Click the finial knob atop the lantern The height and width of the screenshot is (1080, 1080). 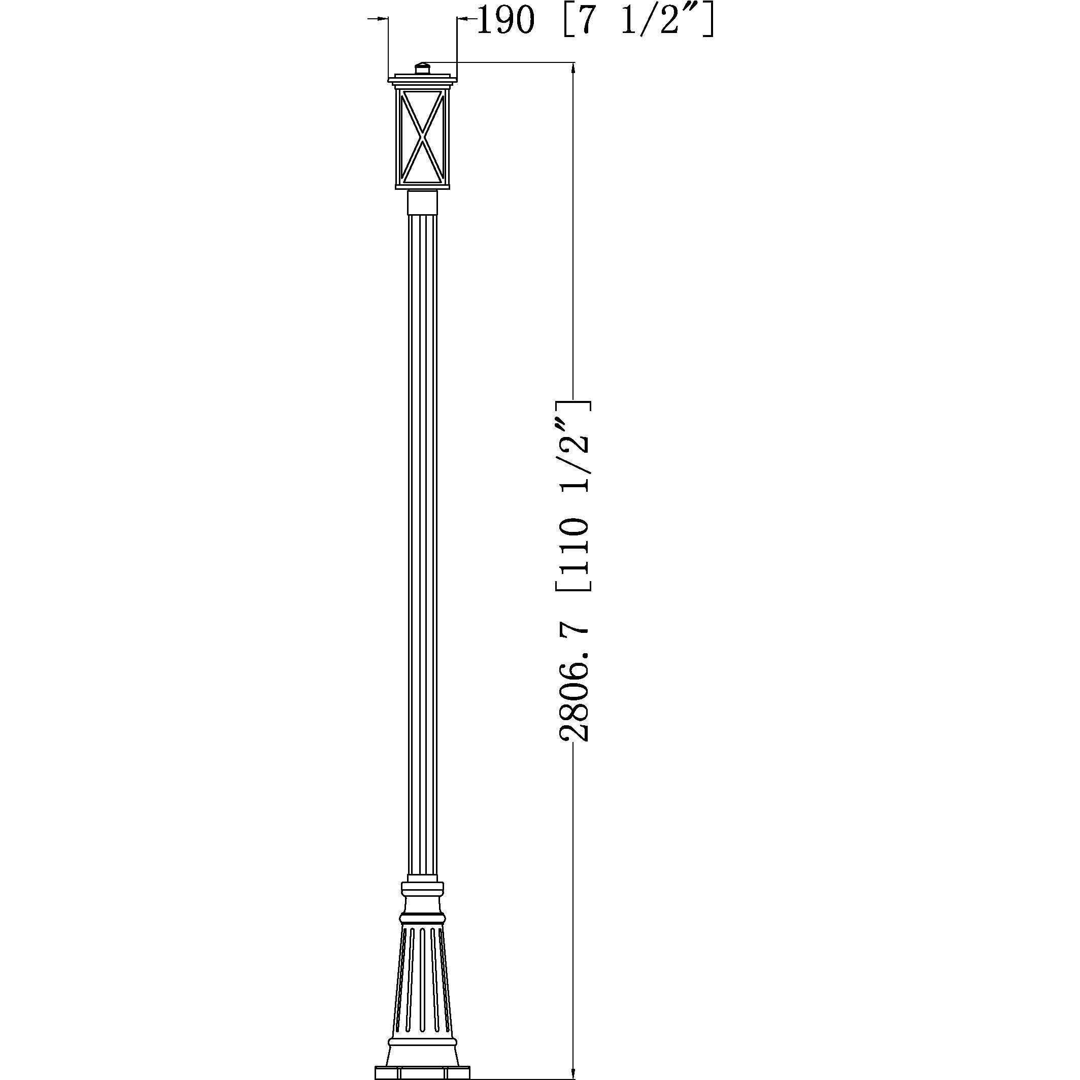pyautogui.click(x=423, y=68)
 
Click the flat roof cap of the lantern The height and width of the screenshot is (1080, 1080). pyautogui.click(x=423, y=76)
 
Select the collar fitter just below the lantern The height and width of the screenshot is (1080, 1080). pyautogui.click(x=423, y=203)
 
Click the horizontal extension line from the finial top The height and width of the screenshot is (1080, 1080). pyautogui.click(x=503, y=62)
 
